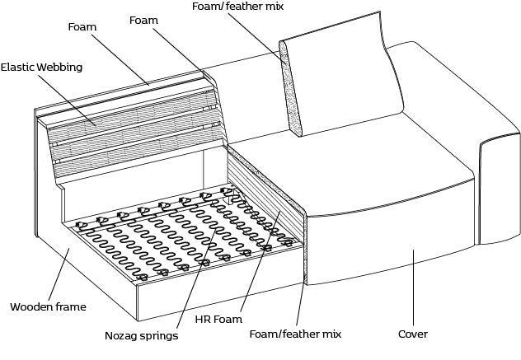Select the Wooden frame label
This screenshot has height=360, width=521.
[47, 307]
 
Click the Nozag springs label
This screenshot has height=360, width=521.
[140, 335]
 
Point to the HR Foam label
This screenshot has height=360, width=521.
[218, 318]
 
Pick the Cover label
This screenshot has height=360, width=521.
[412, 334]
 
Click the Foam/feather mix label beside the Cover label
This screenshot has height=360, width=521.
[294, 334]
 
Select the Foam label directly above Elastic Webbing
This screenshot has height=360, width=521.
[82, 27]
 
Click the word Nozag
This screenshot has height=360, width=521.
[122, 335]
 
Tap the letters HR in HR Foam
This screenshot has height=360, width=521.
[203, 318]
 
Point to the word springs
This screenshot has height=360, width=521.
[158, 336]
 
